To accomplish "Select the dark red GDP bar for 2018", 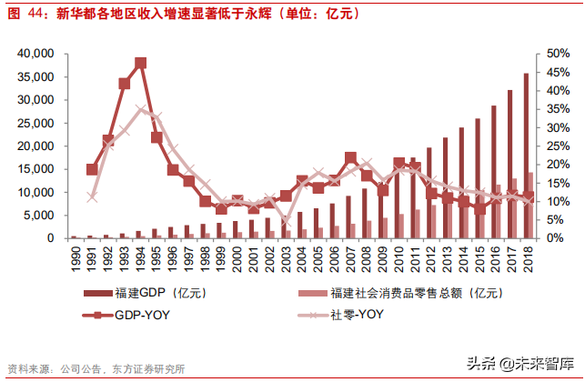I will point(526,156).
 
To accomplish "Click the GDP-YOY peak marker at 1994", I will point(140,64).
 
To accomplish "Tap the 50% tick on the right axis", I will point(558,54).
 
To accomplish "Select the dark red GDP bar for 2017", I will point(509,164).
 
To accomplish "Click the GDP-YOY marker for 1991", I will point(92,169).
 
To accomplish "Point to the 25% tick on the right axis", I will point(558,146).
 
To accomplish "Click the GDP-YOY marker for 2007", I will point(350,158).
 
